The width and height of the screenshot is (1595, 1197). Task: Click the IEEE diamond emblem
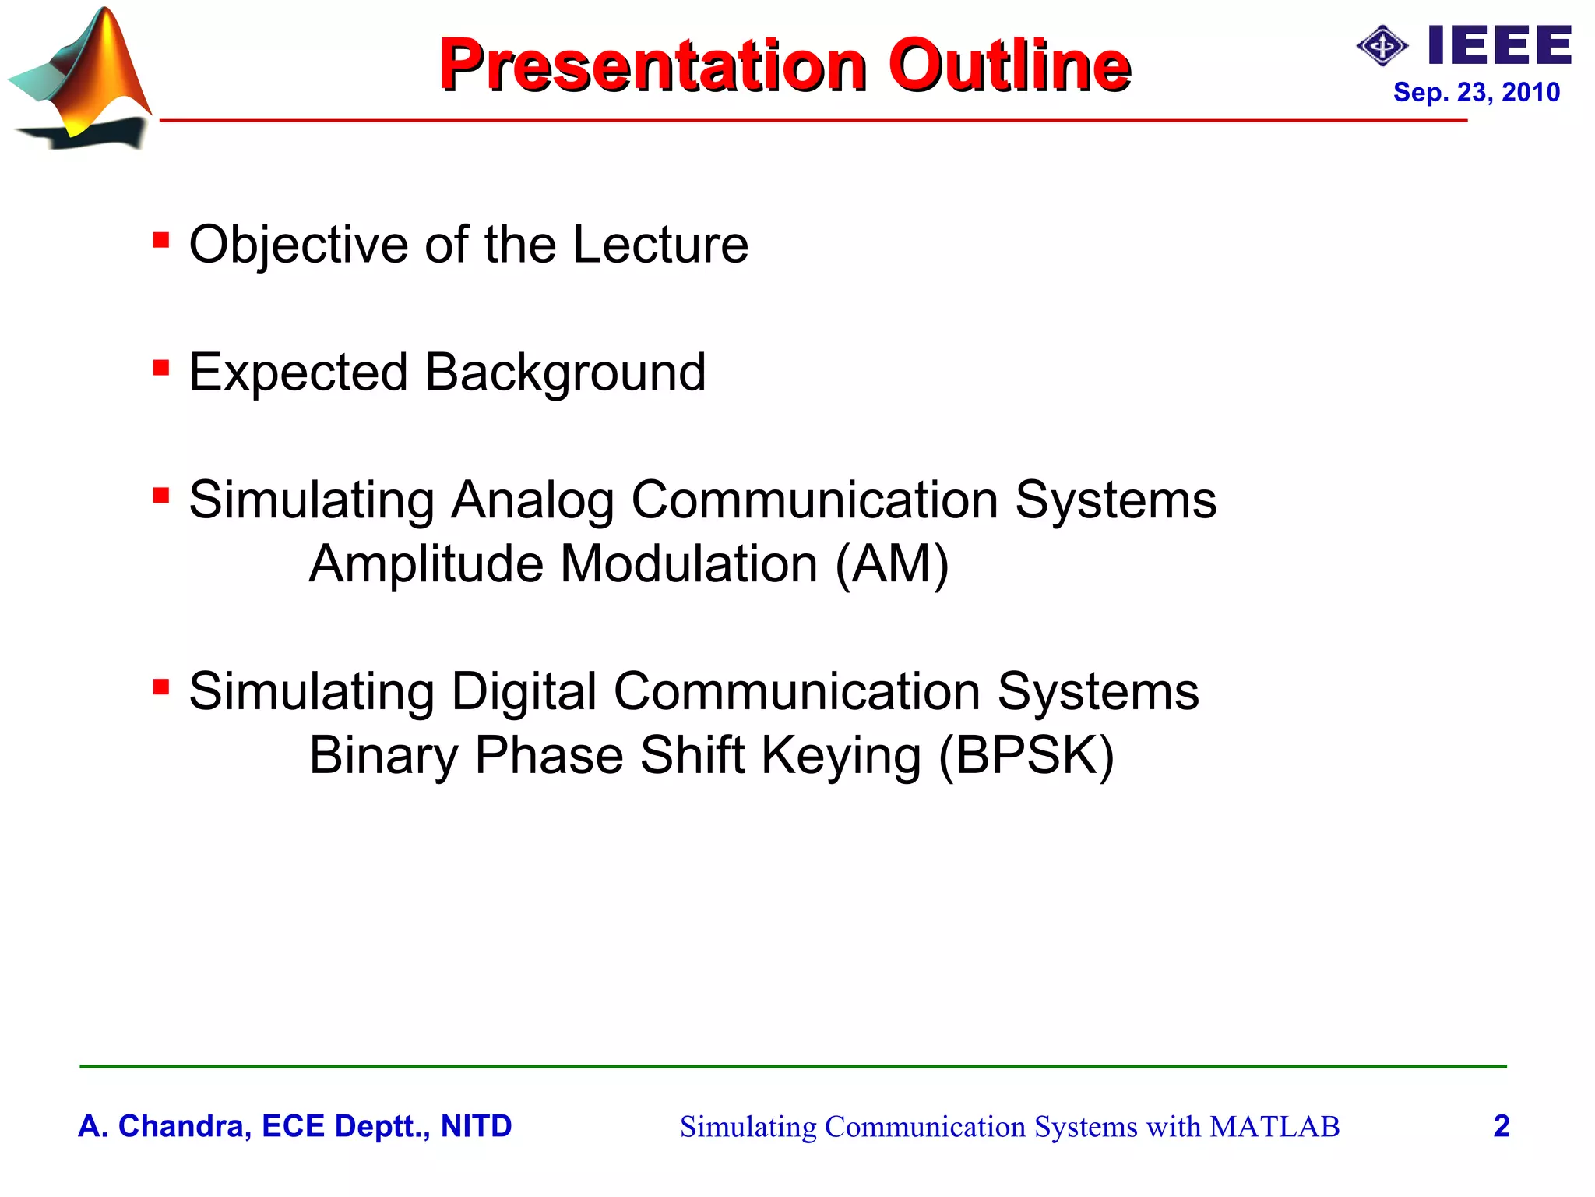point(1382,46)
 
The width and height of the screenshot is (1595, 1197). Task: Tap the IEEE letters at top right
point(1500,45)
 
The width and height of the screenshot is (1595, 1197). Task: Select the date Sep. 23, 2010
point(1476,92)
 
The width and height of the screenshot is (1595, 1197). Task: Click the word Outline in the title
point(1009,65)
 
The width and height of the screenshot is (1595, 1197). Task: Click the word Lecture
point(660,245)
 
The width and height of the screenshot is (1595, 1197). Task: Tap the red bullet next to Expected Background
point(161,367)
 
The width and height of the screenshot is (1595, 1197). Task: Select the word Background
point(565,373)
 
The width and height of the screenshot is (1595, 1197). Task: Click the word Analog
point(533,500)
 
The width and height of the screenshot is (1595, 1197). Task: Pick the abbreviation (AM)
point(892,563)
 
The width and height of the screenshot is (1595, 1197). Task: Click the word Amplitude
point(426,563)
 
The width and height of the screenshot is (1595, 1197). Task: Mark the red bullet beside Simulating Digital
point(161,687)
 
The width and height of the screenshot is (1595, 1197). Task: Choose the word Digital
point(523,691)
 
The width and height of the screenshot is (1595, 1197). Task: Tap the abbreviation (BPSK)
point(1026,755)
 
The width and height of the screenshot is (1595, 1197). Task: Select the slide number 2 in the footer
point(1502,1126)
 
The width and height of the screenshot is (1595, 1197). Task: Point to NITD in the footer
point(476,1126)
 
